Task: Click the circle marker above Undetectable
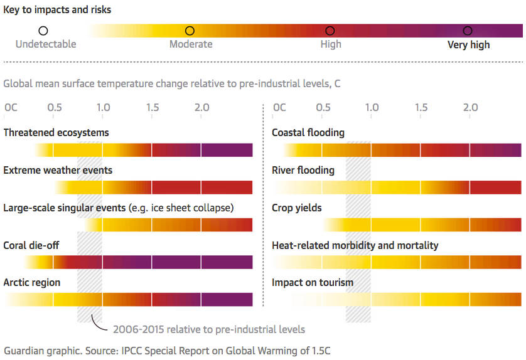[43, 31]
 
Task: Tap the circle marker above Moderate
[190, 31]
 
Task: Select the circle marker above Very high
[468, 31]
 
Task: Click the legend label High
[331, 45]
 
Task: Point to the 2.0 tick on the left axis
[201, 108]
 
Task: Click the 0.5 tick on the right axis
[324, 108]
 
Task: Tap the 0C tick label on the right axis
[279, 108]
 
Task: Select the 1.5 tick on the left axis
[153, 108]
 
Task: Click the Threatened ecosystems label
[56, 133]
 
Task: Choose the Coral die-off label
[31, 245]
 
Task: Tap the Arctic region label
[32, 283]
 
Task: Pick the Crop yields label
[297, 208]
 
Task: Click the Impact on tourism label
[313, 283]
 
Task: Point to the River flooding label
[303, 171]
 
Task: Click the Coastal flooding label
[308, 133]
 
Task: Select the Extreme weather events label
[58, 171]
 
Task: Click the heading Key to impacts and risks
[57, 10]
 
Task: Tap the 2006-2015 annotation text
[209, 329]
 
